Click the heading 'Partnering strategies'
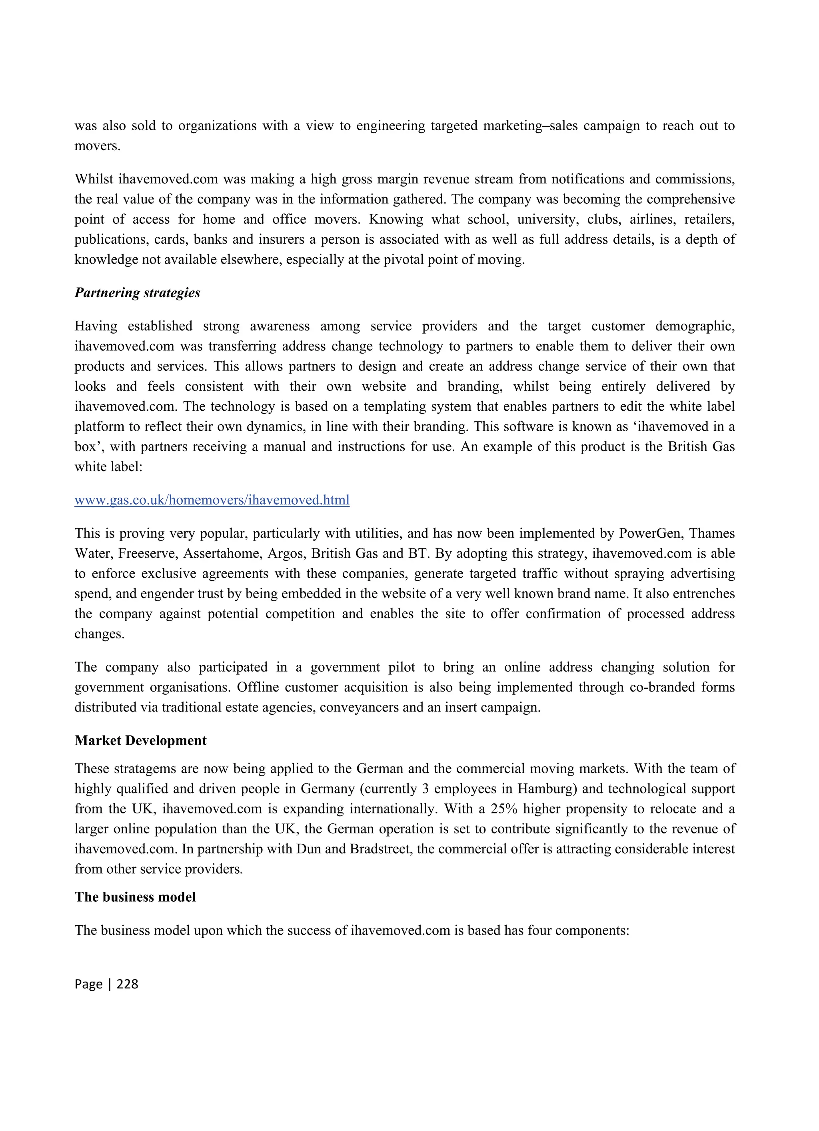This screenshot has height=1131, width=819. [137, 293]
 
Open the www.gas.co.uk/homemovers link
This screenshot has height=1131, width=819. [212, 500]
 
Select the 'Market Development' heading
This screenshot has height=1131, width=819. [140, 741]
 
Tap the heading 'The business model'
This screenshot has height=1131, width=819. [135, 897]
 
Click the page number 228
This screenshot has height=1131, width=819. [127, 984]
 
